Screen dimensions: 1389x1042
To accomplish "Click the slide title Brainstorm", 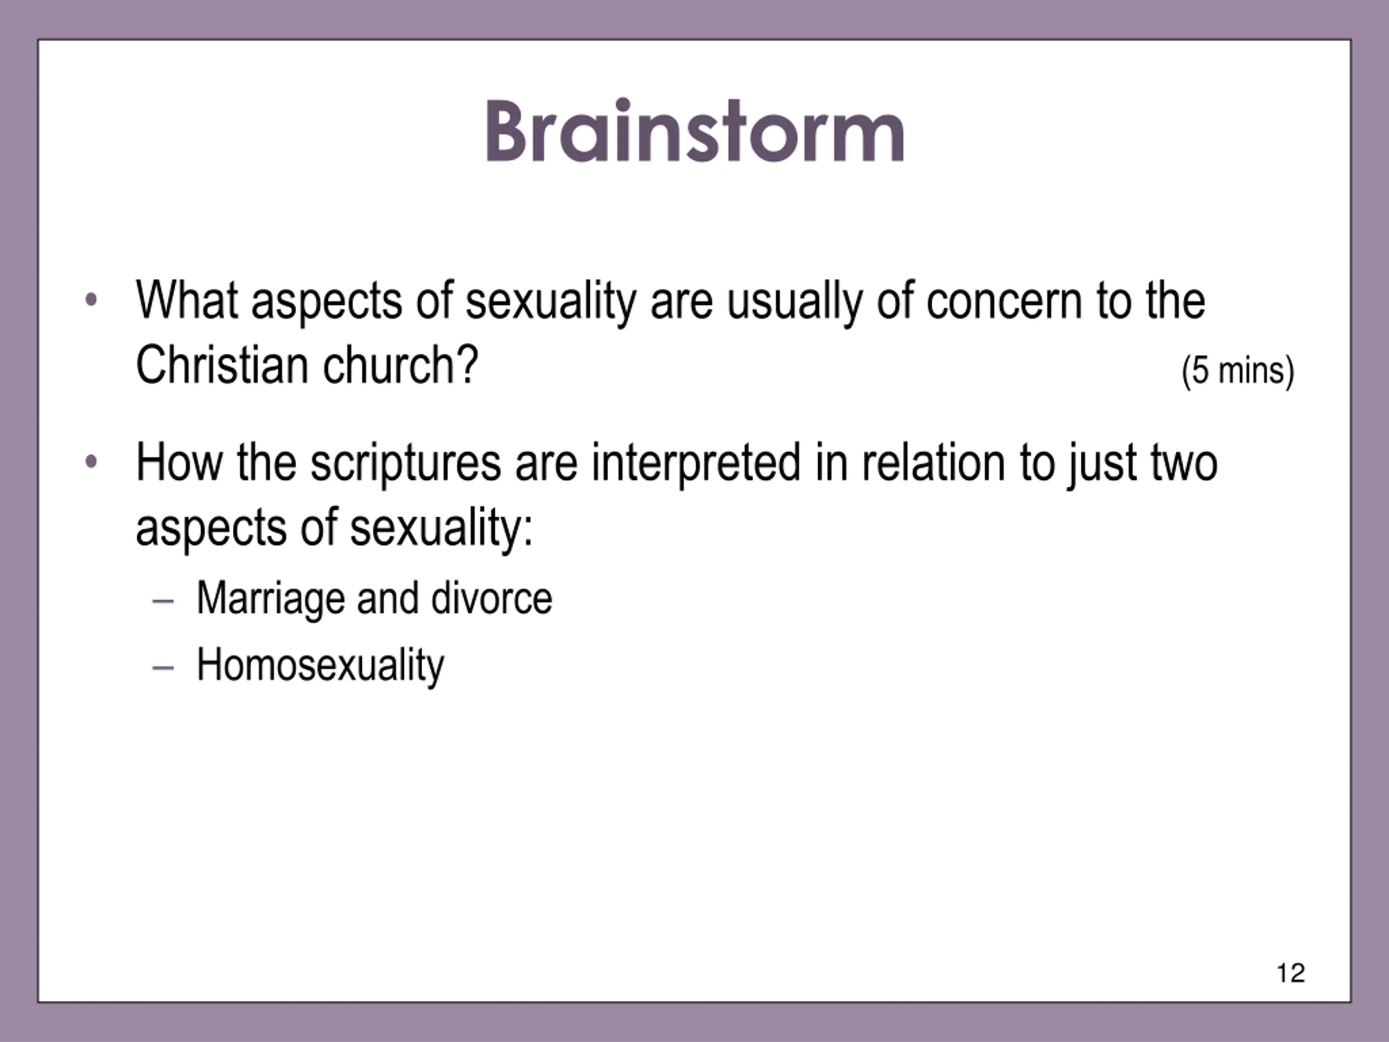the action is pyautogui.click(x=694, y=131).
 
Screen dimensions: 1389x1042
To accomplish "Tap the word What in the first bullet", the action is pyautogui.click(x=187, y=300).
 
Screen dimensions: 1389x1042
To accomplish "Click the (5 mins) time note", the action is pyautogui.click(x=1238, y=371).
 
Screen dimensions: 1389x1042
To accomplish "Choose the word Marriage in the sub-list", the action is pyautogui.click(x=271, y=599).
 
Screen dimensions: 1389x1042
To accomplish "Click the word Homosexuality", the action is pyautogui.click(x=320, y=665).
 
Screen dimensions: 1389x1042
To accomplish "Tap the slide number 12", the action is pyautogui.click(x=1291, y=973).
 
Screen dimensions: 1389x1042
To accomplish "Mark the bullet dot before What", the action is pyautogui.click(x=91, y=300).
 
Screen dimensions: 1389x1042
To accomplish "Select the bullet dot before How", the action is pyautogui.click(x=91, y=462).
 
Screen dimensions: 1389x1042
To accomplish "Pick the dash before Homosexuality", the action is pyautogui.click(x=163, y=668).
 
